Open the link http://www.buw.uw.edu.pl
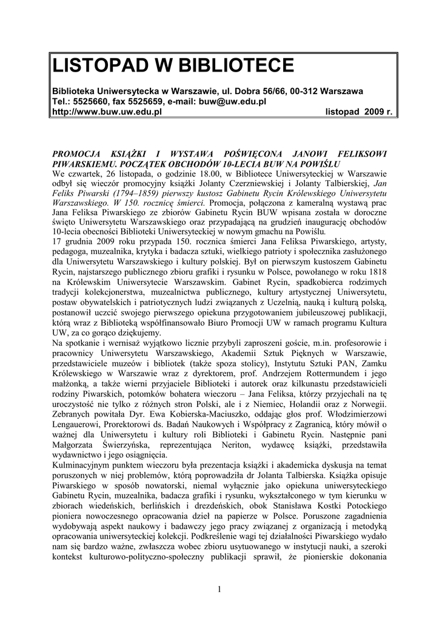tap(104, 112)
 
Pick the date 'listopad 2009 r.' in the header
tap(359, 112)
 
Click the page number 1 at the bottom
tap(219, 589)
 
